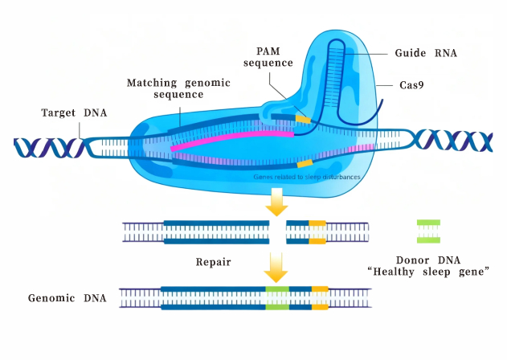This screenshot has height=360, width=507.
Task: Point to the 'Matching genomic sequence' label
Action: tap(178, 88)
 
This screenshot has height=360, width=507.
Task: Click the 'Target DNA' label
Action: tap(73, 112)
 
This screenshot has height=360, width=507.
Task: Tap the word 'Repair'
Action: tap(214, 261)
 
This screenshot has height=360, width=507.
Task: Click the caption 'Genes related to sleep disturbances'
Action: tap(305, 175)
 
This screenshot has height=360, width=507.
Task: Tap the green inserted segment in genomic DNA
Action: tap(277, 298)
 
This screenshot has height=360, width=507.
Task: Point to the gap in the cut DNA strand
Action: tap(277, 232)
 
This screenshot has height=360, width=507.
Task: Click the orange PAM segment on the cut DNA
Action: tap(317, 232)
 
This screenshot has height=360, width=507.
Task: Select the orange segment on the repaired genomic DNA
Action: tap(319, 298)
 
